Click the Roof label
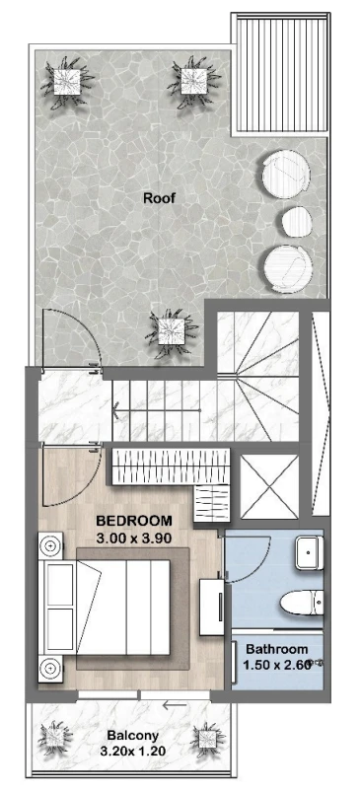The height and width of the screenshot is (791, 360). (x=160, y=197)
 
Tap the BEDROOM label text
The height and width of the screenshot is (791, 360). (x=134, y=520)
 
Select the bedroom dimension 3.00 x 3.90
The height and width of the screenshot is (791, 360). (x=134, y=538)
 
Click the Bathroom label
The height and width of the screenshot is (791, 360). (x=277, y=649)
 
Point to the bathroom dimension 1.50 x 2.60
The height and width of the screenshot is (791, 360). (x=276, y=665)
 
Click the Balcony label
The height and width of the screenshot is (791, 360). (x=132, y=736)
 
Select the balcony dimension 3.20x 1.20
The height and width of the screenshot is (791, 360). (x=133, y=752)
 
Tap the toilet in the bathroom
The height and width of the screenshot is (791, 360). (x=302, y=603)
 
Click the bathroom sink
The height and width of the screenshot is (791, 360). (x=309, y=553)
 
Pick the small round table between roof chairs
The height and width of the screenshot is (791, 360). (x=297, y=222)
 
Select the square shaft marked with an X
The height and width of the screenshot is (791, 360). (x=269, y=486)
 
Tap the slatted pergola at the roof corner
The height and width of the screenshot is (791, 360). (x=280, y=74)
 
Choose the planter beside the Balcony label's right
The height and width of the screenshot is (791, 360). (x=206, y=739)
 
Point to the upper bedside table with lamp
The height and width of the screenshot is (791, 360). (x=50, y=545)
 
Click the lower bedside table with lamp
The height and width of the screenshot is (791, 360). (x=50, y=669)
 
